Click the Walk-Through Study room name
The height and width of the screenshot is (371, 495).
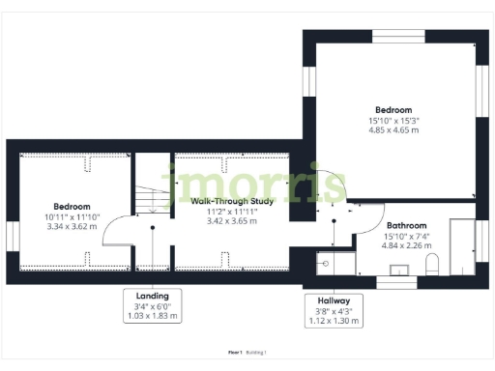click(232, 200)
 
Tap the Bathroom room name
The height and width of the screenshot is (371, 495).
click(406, 223)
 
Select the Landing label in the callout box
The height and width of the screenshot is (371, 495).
click(153, 296)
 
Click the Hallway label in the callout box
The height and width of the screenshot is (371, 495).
click(335, 300)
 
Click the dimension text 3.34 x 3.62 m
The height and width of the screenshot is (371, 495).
click(72, 227)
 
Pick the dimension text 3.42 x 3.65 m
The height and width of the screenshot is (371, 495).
click(232, 221)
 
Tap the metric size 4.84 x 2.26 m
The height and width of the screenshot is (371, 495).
click(406, 244)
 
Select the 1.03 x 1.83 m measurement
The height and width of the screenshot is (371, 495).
click(153, 317)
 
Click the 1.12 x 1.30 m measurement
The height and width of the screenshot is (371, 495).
click(335, 322)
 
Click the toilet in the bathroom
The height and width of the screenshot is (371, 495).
click(432, 263)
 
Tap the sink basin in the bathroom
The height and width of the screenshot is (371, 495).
click(326, 262)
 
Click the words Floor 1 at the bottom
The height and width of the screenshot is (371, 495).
click(233, 354)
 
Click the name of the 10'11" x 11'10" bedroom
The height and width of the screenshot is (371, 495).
click(72, 206)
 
